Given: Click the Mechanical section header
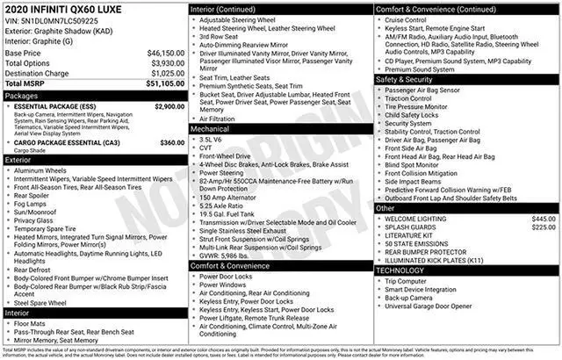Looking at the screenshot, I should [x=210, y=128].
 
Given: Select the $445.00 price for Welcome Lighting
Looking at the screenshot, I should [x=544, y=218].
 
